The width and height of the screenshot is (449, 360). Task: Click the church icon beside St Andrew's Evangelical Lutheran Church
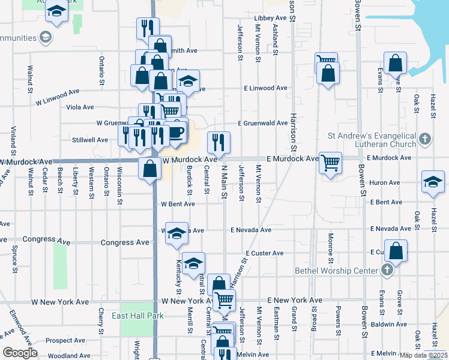pyautogui.click(x=424, y=140)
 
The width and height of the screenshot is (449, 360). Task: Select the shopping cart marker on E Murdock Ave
pyautogui.click(x=331, y=163)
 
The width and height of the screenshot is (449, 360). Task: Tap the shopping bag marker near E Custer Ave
pyautogui.click(x=396, y=250)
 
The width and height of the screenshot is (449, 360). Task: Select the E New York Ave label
pyautogui.click(x=295, y=299)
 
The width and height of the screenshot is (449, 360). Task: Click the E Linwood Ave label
pyautogui.click(x=265, y=88)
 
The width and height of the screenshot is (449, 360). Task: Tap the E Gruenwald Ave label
pyautogui.click(x=262, y=123)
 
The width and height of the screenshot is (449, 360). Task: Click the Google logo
pyautogui.click(x=20, y=353)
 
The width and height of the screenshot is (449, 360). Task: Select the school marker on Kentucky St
pyautogui.click(x=176, y=235)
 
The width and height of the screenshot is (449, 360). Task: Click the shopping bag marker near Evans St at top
pyautogui.click(x=396, y=63)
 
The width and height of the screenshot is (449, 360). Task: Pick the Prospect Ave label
pyautogui.click(x=65, y=340)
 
